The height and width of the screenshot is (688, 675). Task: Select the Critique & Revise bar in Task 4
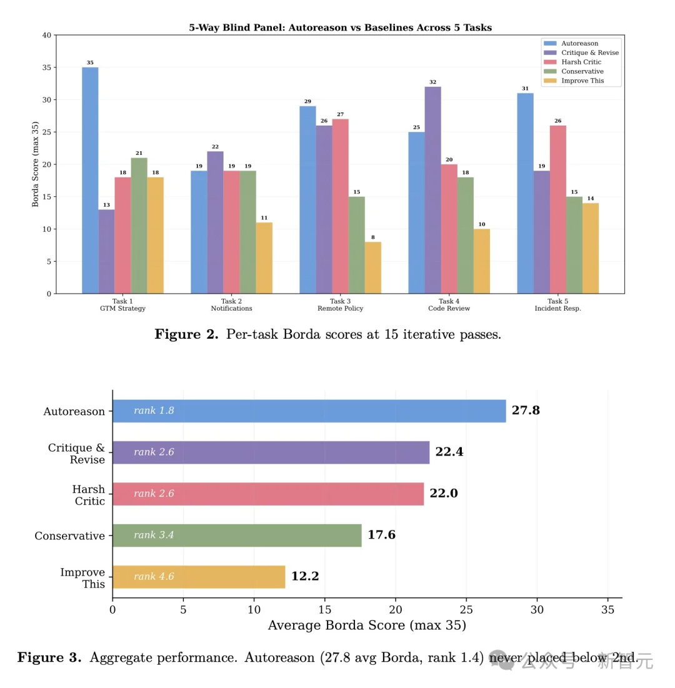(x=432, y=190)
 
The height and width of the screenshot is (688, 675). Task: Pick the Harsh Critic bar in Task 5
(x=557, y=209)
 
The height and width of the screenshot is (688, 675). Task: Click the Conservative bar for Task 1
(x=139, y=226)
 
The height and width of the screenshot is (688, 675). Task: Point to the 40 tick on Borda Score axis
(x=46, y=36)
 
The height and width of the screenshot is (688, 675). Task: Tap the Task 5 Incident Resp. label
(x=557, y=304)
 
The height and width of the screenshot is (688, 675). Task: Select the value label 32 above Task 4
(x=432, y=82)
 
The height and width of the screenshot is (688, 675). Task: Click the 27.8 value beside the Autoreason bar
(x=526, y=411)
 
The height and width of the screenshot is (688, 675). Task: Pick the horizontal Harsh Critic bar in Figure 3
(x=268, y=494)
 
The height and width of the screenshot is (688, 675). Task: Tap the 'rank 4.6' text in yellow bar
(x=154, y=577)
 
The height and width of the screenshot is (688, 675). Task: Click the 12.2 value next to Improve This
(x=305, y=577)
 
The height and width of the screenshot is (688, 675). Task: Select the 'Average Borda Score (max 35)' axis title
(x=367, y=625)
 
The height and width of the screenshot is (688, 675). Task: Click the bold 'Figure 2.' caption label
(x=186, y=334)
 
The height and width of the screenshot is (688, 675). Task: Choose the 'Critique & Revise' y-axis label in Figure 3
(x=76, y=454)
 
